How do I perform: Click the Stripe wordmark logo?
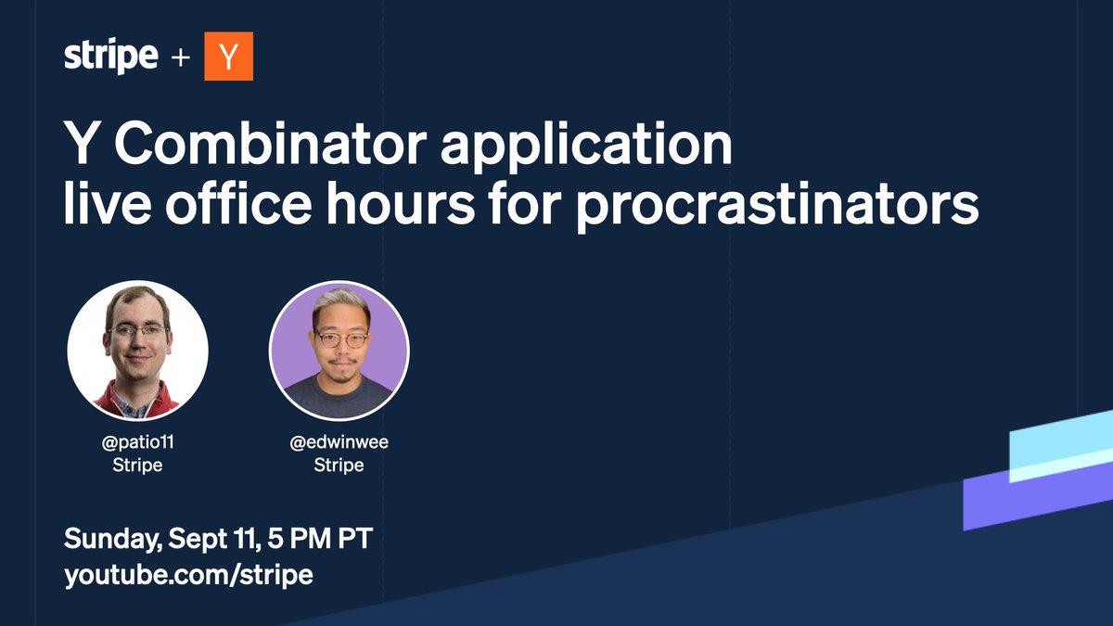(110, 57)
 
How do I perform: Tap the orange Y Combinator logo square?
(228, 57)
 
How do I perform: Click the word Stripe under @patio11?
(136, 465)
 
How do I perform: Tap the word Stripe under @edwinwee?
(339, 465)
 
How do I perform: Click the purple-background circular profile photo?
(339, 351)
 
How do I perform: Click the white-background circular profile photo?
(137, 351)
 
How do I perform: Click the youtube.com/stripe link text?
(188, 574)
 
